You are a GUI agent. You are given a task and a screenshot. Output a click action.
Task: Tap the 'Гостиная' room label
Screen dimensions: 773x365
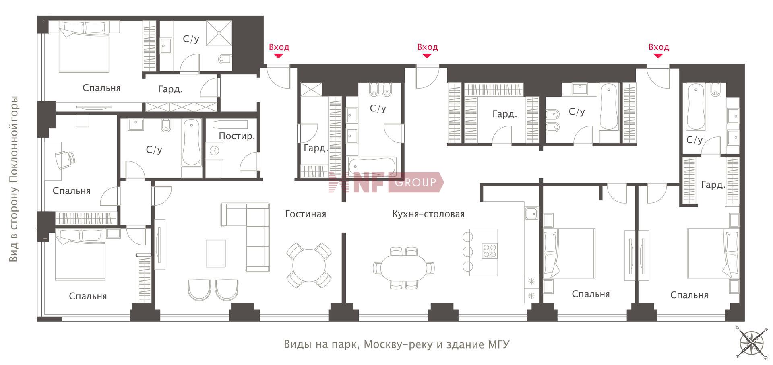pyautogui.click(x=306, y=214)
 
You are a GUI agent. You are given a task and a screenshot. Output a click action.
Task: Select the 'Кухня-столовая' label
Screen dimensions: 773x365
pyautogui.click(x=428, y=214)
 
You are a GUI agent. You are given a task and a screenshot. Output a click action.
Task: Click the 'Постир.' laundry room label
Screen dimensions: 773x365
pyautogui.click(x=237, y=136)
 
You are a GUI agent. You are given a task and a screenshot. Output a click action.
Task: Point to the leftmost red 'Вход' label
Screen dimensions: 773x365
pyautogui.click(x=279, y=47)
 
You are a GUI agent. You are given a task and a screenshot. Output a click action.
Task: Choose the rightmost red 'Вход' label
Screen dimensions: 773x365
pyautogui.click(x=659, y=47)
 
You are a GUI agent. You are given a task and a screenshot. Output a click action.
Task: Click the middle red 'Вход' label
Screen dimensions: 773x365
pyautogui.click(x=428, y=47)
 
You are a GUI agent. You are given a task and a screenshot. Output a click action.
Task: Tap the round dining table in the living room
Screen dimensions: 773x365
pyautogui.click(x=309, y=266)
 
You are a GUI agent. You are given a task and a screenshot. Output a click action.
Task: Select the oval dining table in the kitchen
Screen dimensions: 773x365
pyautogui.click(x=404, y=268)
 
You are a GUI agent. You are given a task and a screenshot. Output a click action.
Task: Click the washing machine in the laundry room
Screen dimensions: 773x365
pyautogui.click(x=214, y=151)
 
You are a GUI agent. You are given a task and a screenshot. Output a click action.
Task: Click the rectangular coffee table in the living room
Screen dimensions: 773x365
pyautogui.click(x=216, y=253)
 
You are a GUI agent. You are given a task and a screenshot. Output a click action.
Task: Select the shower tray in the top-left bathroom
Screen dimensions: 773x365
pyautogui.click(x=219, y=33)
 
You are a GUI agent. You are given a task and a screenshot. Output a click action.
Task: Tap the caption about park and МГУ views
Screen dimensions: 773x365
pyautogui.click(x=397, y=345)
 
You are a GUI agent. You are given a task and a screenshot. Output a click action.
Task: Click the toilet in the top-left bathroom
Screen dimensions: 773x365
pyautogui.click(x=225, y=60)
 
